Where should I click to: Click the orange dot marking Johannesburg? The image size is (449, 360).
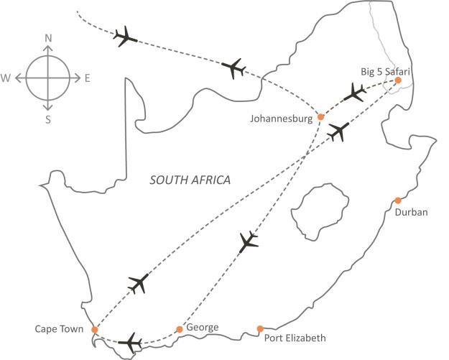(321, 119)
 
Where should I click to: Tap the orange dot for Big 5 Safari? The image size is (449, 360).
(397, 80)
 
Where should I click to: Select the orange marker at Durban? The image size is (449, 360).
(397, 200)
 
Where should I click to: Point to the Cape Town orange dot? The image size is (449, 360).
(94, 329)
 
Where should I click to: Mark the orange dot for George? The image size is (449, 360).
(180, 329)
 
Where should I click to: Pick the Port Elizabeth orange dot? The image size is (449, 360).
(259, 329)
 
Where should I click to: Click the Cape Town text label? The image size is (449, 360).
(59, 330)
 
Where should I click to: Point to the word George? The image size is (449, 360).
(202, 328)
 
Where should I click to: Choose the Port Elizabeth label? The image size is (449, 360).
(295, 338)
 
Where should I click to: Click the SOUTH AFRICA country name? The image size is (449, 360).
(190, 180)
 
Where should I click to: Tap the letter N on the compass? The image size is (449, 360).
(48, 38)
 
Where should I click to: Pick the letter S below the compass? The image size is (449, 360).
(48, 119)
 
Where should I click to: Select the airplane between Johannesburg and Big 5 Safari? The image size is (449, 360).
(354, 92)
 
